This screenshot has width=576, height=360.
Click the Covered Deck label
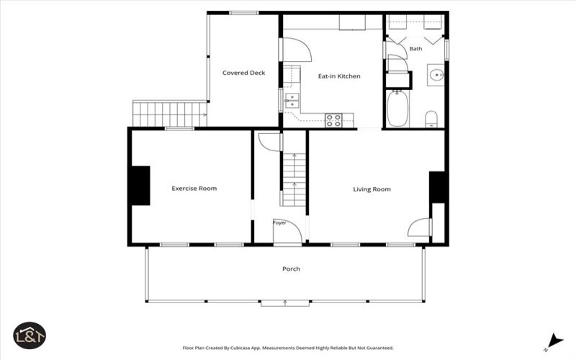243,73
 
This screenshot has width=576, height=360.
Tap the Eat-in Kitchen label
339,76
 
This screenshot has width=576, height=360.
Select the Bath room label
415,48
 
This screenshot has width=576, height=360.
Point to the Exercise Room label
194,189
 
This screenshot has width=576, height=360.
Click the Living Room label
372,189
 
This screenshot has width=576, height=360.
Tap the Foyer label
279,222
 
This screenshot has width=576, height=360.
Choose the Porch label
291,269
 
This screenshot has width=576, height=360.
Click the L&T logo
30,336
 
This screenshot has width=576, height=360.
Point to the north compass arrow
555,341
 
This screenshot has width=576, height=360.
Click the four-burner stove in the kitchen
333,120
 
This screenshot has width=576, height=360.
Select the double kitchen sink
292,101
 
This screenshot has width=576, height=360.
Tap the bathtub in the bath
397,109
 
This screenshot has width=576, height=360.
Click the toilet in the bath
431,119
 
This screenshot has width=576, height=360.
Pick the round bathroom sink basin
436,75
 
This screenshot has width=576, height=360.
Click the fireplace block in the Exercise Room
140,186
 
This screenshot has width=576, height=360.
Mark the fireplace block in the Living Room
437,187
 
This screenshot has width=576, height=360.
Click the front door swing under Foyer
287,231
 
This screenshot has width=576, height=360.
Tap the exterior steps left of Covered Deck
169,114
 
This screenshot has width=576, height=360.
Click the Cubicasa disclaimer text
288,348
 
